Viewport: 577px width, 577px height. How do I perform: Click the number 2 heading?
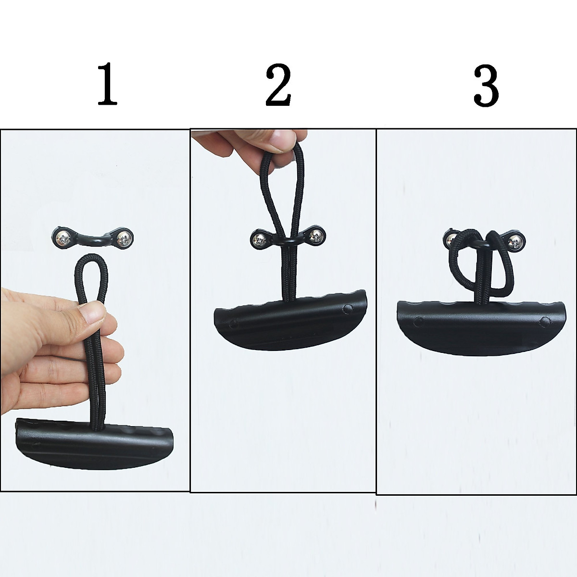[278, 87]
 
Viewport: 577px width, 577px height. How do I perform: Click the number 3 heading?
[486, 87]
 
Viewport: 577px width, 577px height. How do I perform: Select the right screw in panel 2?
[316, 235]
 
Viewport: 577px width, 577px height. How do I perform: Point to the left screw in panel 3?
[450, 238]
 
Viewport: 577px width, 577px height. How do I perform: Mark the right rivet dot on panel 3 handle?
[544, 320]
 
